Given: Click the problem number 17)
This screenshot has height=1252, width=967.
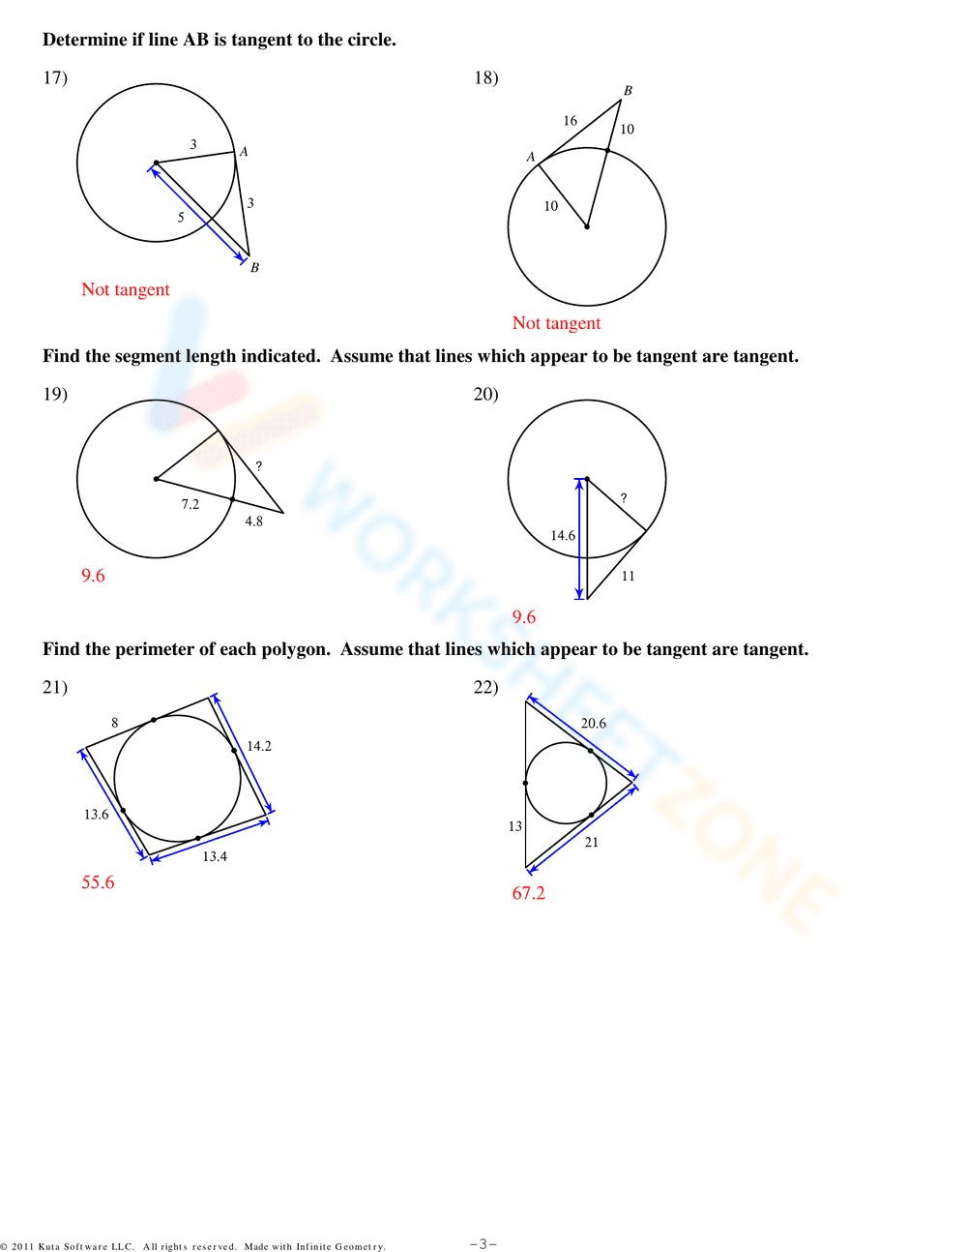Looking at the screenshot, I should point(55,77).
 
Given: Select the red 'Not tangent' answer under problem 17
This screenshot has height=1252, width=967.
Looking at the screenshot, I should point(126,289).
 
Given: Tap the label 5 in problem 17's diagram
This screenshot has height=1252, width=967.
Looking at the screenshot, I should point(181,218).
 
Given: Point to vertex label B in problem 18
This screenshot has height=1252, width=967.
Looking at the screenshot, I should point(628,91).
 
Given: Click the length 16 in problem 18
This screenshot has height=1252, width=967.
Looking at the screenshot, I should point(571,121).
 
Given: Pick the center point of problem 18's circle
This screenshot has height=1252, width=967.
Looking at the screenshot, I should point(587,227).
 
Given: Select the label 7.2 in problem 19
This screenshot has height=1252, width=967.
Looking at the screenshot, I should point(190,504).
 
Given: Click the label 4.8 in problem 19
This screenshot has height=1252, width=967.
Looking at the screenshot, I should point(253,522).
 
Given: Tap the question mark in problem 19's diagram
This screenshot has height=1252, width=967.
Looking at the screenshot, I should point(258,466).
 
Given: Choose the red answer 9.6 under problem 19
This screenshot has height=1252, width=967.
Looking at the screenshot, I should point(93,576).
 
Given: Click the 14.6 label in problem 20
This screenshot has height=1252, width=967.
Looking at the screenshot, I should point(563,536).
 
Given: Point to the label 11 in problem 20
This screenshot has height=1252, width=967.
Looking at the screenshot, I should point(629,577).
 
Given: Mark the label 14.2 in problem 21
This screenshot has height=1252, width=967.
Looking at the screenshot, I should point(259,746).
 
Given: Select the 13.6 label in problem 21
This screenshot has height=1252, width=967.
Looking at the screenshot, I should point(96,815).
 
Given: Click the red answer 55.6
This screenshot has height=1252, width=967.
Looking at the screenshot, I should point(98,882).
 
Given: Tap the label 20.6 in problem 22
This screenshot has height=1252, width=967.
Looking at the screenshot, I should point(594,724).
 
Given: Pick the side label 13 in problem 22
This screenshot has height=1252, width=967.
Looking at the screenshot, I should point(515,826).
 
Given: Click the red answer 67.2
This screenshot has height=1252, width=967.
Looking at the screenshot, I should point(529,893).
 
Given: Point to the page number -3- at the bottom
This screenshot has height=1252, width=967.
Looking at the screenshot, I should point(483,1244).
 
